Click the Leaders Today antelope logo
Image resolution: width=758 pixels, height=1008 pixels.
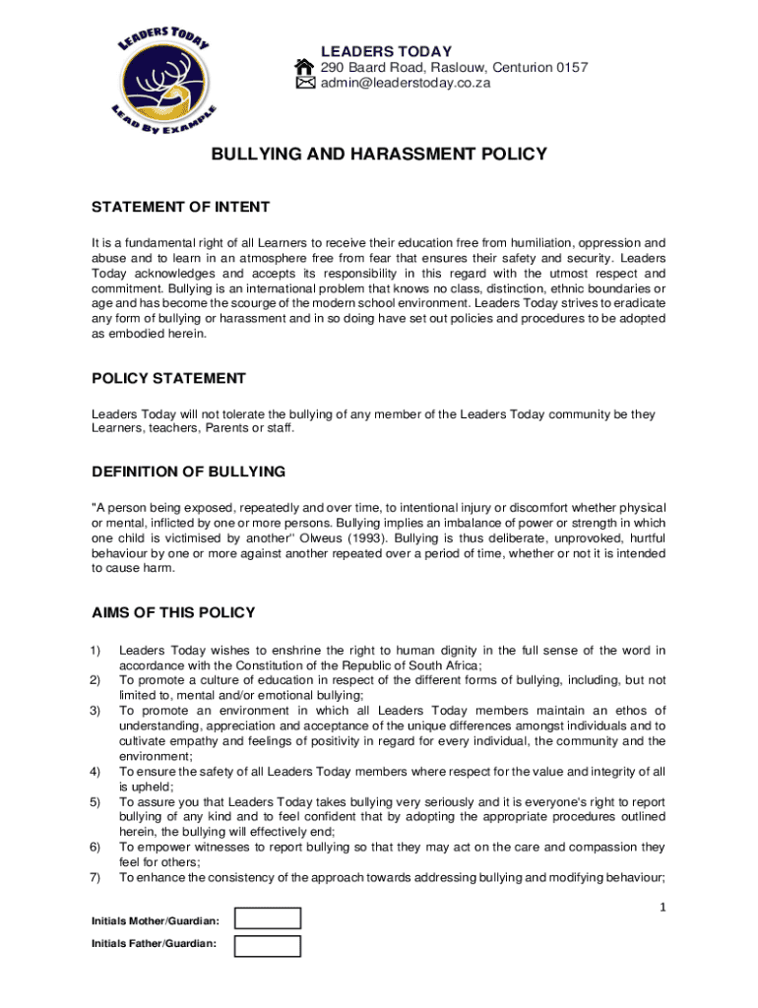click(166, 81)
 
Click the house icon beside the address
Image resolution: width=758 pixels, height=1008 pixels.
click(305, 67)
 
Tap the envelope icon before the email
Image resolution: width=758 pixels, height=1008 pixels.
click(305, 84)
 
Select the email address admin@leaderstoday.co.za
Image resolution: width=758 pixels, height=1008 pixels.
click(406, 84)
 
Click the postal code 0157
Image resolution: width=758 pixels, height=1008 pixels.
click(571, 67)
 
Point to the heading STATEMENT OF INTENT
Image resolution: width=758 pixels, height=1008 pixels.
click(180, 207)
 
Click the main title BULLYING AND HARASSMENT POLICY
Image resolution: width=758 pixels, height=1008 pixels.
click(379, 155)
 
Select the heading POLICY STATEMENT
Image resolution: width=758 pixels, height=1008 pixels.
click(168, 378)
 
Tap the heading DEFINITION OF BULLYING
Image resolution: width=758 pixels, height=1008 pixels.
click(188, 472)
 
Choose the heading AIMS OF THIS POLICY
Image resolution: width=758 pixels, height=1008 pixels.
click(173, 612)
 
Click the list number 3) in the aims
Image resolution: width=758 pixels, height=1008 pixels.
click(95, 711)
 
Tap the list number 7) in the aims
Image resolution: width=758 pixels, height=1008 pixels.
click(95, 876)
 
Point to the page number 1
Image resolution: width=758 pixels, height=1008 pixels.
click(663, 907)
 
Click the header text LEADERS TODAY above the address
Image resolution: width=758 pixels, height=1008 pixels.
click(386, 51)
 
